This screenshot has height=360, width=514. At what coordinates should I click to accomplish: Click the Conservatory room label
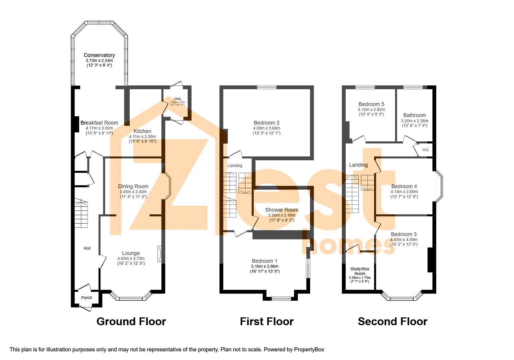click(99, 55)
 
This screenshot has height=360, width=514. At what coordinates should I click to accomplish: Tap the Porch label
click(86, 298)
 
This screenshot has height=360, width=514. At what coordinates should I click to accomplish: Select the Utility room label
click(177, 99)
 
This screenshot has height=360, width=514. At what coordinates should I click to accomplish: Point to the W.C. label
click(426, 150)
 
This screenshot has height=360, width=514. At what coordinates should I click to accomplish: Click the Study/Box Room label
click(360, 271)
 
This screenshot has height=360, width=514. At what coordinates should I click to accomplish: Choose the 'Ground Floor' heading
click(131, 321)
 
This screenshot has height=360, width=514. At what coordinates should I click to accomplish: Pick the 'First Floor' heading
click(267, 321)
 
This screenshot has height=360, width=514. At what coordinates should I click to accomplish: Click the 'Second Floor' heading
click(392, 321)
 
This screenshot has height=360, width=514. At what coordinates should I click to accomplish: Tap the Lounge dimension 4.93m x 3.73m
click(131, 258)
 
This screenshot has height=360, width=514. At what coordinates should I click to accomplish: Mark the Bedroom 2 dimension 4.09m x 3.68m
click(266, 128)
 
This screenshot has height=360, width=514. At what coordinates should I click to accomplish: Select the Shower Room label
click(282, 210)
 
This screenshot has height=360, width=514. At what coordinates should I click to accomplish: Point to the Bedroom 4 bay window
click(440, 186)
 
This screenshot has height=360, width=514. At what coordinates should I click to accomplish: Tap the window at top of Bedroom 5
click(365, 88)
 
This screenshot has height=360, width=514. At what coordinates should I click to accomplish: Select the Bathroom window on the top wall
click(413, 88)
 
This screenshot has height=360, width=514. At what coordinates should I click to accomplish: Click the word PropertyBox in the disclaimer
click(309, 349)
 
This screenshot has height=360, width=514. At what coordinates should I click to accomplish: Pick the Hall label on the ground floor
click(87, 248)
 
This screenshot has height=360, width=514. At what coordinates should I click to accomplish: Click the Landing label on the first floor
click(235, 166)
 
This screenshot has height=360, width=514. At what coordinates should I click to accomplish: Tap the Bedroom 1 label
click(264, 261)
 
